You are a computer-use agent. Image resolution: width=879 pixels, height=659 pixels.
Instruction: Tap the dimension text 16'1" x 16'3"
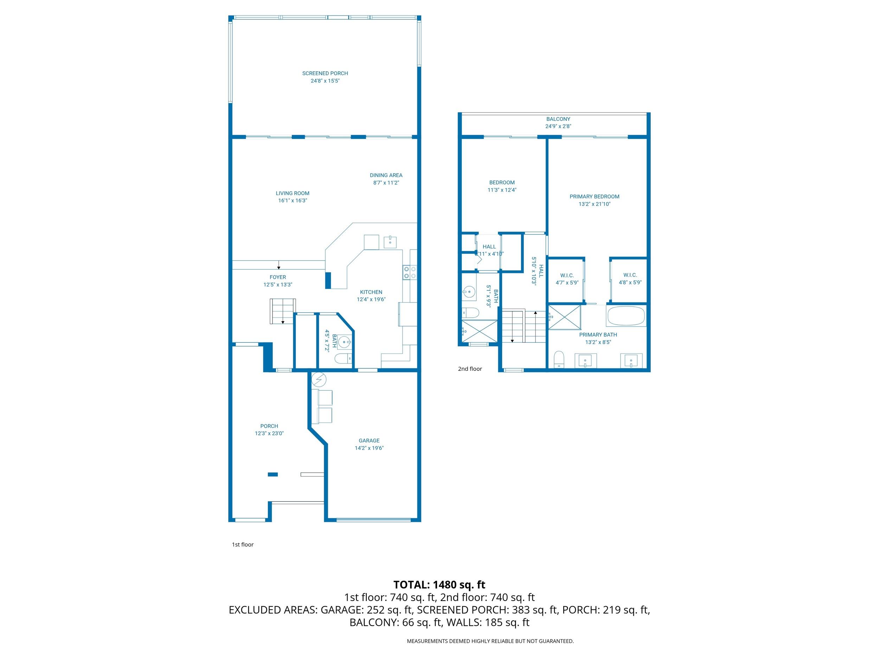click(293, 201)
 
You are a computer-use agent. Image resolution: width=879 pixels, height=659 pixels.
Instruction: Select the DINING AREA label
click(386, 175)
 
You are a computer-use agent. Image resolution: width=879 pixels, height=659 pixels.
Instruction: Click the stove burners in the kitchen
click(410, 272)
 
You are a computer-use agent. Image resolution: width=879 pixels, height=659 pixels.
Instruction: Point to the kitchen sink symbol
click(390, 241)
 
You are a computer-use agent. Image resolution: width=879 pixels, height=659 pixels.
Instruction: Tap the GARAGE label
click(369, 440)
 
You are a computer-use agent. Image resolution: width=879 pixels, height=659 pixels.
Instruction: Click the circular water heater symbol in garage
click(319, 380)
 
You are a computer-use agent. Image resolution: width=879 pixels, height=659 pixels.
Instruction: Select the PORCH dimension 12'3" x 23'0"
click(269, 433)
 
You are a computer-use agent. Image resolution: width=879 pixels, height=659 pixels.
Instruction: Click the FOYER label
click(277, 277)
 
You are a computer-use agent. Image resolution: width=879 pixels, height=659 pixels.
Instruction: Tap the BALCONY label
click(558, 119)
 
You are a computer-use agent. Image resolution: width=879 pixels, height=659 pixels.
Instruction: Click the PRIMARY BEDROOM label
click(594, 196)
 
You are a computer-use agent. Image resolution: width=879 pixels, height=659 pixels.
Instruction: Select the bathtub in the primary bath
click(626, 316)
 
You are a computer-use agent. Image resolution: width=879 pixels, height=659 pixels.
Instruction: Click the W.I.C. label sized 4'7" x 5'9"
click(567, 275)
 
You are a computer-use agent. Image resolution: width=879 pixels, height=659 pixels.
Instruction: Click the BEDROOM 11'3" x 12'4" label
click(501, 183)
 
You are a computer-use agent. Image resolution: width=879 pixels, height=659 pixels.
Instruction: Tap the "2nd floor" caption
click(470, 369)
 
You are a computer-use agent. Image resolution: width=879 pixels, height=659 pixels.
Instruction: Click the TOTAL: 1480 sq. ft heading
click(439, 585)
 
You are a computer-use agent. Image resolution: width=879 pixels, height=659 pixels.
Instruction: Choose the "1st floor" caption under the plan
click(242, 545)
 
